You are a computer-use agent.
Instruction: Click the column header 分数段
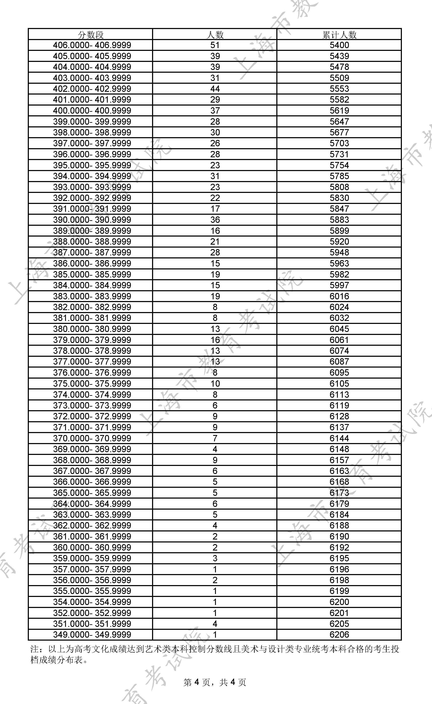[x=91, y=35]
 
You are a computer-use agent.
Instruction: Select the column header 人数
[x=215, y=35]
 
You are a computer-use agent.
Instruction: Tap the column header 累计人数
[x=339, y=35]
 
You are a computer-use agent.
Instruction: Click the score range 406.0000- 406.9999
[x=92, y=45]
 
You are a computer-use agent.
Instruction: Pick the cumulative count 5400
[x=339, y=45]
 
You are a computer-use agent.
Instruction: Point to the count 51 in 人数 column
[x=215, y=45]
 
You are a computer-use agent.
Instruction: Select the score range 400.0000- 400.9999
[x=92, y=111]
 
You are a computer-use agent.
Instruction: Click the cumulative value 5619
[x=339, y=111]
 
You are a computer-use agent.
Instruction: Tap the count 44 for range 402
[x=215, y=89]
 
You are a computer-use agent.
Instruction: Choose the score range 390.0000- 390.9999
[x=92, y=220]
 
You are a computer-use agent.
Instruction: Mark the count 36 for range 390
[x=215, y=220]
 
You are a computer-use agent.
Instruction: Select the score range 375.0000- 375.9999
[x=92, y=383]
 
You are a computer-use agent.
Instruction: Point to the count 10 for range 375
[x=215, y=383]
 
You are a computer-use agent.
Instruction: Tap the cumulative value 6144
[x=339, y=438]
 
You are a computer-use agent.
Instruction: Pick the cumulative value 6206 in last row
[x=339, y=634]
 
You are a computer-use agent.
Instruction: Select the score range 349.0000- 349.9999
[x=92, y=634]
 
